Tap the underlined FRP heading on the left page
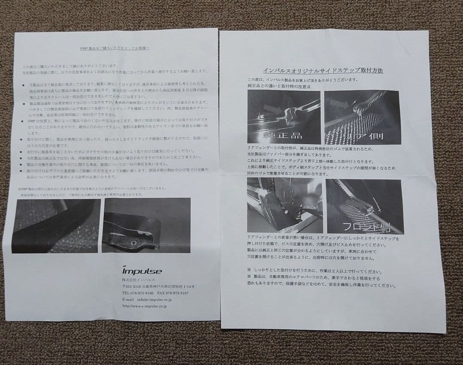coord(114,48)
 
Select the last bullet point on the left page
coord(22,171)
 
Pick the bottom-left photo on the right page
coord(284,205)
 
